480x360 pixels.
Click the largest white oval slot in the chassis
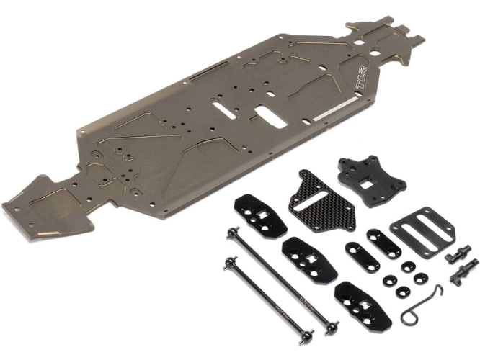pos(271,116)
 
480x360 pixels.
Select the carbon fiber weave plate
pos(321,202)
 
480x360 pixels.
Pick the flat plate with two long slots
pos(422,228)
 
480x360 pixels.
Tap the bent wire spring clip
pos(421,305)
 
